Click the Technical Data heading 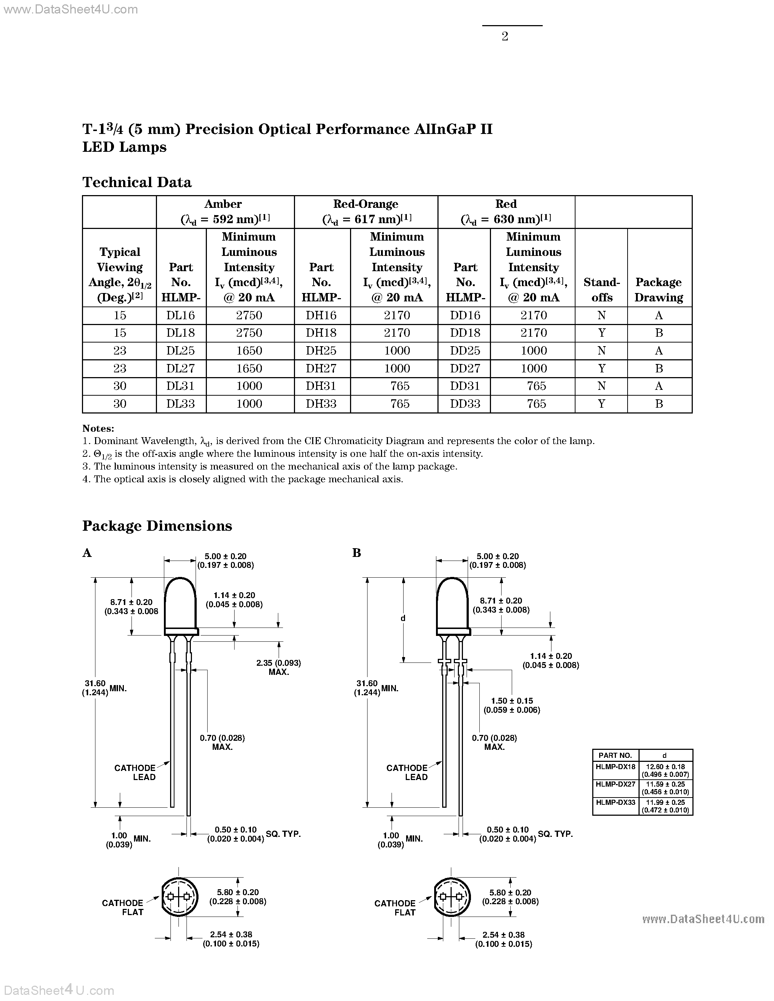[137, 182]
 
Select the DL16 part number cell [181, 315]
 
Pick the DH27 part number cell [321, 368]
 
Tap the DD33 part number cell [465, 404]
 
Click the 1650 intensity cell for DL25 [249, 351]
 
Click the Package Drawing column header [659, 290]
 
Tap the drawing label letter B [357, 553]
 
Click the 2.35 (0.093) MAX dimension [278, 667]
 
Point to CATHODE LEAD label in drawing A [135, 772]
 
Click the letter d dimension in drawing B [403, 618]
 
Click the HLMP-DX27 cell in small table [615, 784]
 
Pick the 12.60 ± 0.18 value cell [665, 771]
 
